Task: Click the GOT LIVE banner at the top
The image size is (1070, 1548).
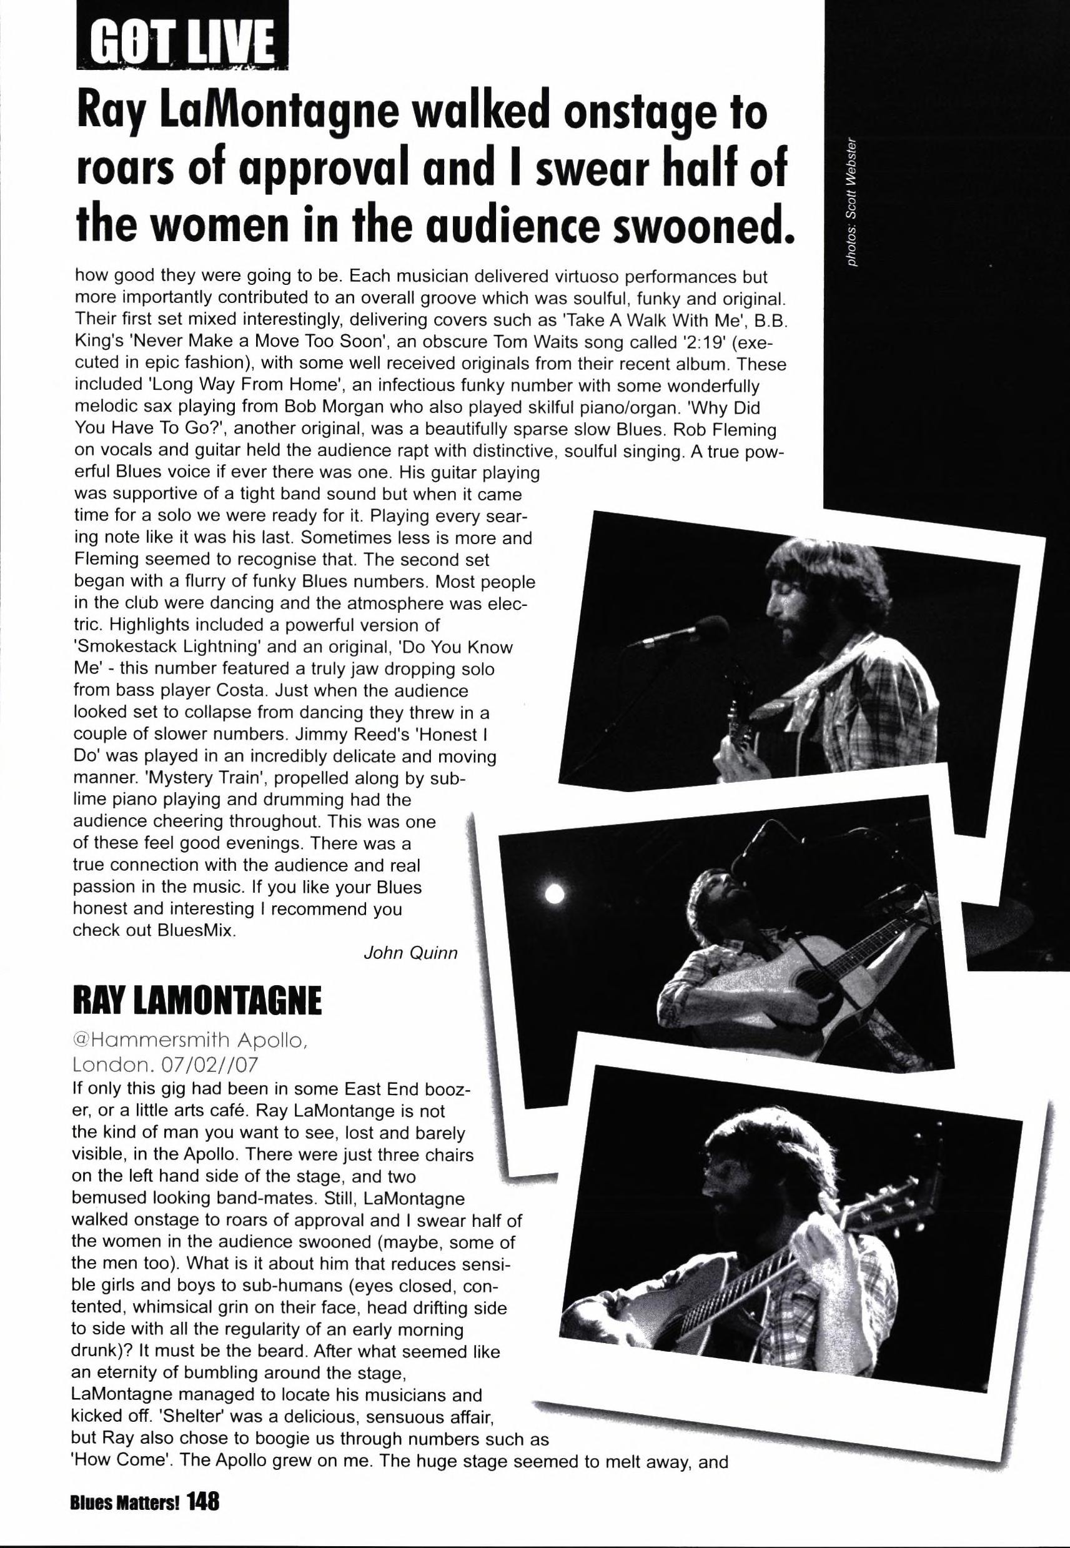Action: [x=182, y=37]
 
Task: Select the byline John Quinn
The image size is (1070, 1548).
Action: [x=410, y=952]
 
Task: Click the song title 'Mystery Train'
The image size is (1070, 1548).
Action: [x=171, y=778]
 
